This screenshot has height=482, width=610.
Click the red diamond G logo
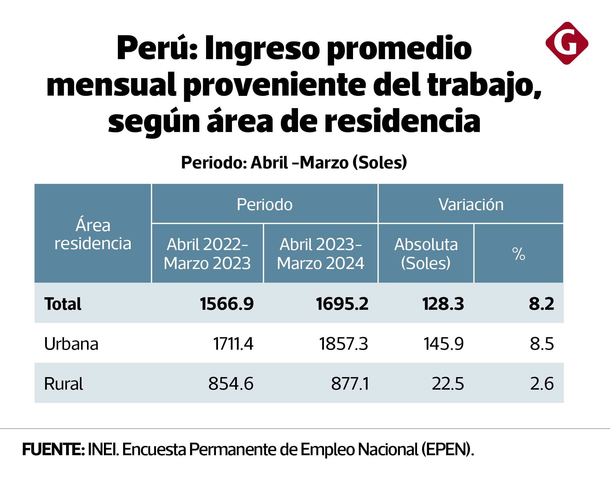pos(567,43)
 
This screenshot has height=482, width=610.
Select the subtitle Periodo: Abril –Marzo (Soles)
pos(294,162)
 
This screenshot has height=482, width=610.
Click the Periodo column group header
pos(264,204)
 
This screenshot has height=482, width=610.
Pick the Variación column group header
pos(471,204)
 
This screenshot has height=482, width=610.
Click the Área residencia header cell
pos(93,234)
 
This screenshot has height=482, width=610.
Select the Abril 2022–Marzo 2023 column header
pos(207,254)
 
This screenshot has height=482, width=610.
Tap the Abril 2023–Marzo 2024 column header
pos(320,254)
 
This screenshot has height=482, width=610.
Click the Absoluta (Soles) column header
pos(426,254)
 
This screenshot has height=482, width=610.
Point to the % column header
pos(519,254)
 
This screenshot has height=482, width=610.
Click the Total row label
pos(63,304)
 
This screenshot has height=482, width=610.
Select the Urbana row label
pos(71,344)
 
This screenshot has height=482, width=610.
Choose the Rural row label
pos(63,384)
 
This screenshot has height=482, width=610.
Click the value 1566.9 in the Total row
pos(227,304)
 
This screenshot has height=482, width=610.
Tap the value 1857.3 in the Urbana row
pos(343,344)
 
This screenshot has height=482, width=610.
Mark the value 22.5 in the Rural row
pos(448,384)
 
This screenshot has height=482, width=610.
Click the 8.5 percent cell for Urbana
pos(542,344)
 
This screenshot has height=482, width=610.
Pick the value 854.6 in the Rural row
pos(231,384)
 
